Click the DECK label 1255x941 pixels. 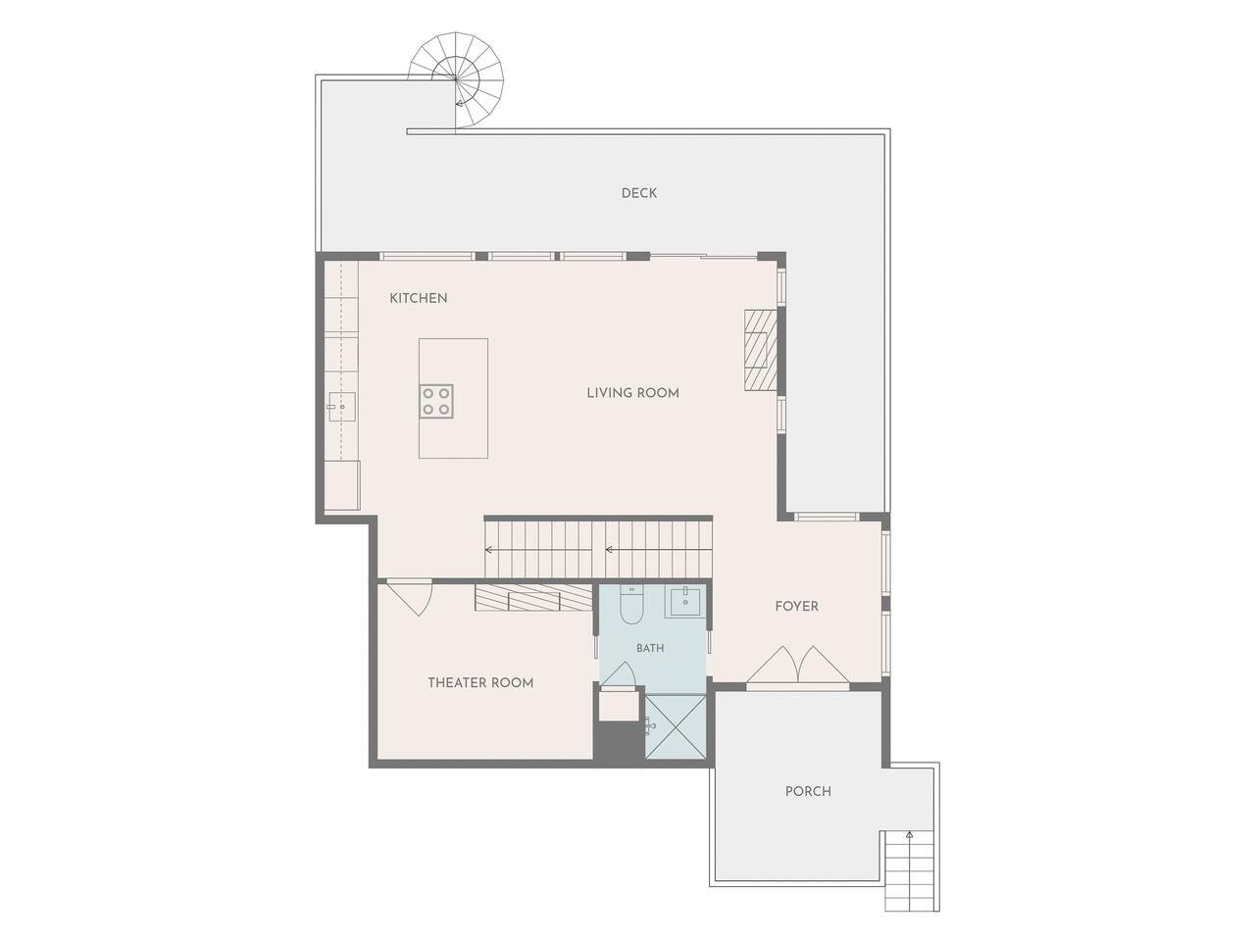pos(638,193)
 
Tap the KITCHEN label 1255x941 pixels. pos(418,298)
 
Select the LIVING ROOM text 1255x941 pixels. pos(633,393)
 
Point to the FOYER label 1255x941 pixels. pos(796,606)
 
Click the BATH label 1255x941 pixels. pos(650,648)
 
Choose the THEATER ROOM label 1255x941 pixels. pos(480,683)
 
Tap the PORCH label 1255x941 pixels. pos(808,791)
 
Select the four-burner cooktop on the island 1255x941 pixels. pos(436,401)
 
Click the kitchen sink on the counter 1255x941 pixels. pos(341,407)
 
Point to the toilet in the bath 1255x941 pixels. pos(631,605)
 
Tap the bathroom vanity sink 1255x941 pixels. pos(685,601)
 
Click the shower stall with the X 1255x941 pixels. pos(677,726)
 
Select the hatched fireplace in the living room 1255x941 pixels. pos(761,350)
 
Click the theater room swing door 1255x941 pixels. pos(410,598)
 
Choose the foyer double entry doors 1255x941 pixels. pos(798,665)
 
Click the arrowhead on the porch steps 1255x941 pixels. pos(910,835)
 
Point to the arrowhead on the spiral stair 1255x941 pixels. pos(459,104)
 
